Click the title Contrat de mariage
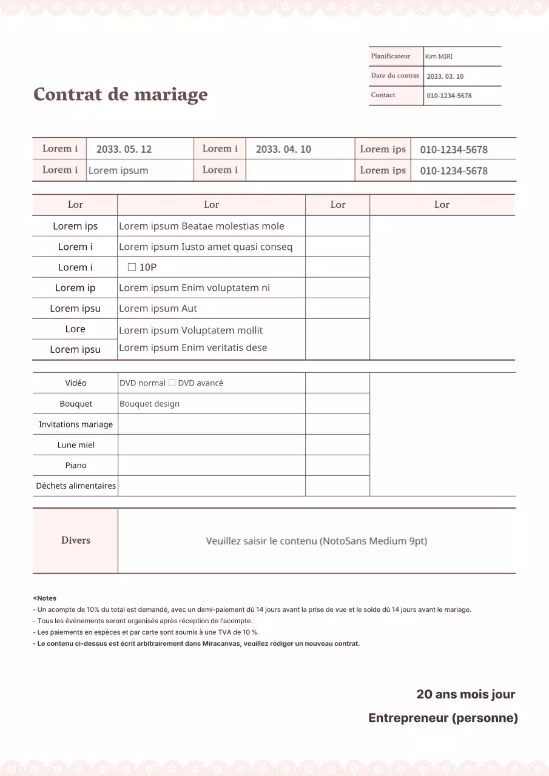pos(120,95)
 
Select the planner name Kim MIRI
pos(439,56)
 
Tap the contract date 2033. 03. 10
pos(445,76)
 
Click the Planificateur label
pos(391,56)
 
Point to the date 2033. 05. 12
pos(124,149)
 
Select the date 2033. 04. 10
pos(283,149)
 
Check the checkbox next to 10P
pos(132,267)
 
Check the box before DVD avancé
pos(172,383)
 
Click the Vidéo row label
pos(76,383)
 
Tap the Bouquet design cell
pos(149,404)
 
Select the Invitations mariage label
pos(76,424)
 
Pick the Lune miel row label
pos(76,445)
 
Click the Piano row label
pos(76,466)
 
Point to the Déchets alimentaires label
pos(76,486)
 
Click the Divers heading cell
pos(76,540)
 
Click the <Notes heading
pos(44,598)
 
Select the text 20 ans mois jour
pos(465,694)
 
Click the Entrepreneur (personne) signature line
pos(443,718)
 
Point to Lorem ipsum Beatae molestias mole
pos(201,226)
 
